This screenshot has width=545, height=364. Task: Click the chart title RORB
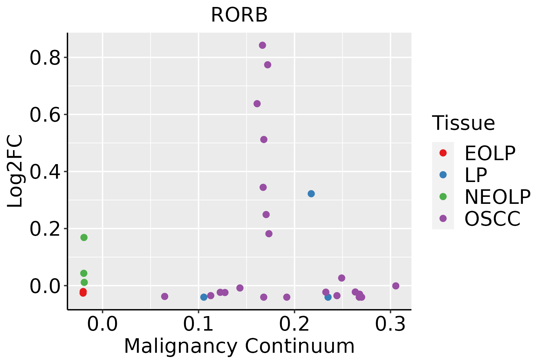(x=239, y=15)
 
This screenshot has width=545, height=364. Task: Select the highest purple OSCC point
(x=263, y=45)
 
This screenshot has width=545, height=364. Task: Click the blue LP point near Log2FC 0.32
(x=311, y=194)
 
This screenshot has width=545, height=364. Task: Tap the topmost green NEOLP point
(x=84, y=238)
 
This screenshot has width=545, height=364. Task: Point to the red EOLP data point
(x=83, y=292)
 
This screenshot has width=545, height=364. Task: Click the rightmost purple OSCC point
(x=396, y=286)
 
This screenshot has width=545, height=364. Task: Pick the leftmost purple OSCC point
(x=165, y=296)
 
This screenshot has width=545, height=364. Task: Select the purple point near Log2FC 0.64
(x=257, y=104)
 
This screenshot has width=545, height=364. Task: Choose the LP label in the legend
(x=476, y=175)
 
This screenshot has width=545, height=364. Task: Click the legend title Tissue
(x=463, y=123)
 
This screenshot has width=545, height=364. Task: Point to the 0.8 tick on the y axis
(x=45, y=58)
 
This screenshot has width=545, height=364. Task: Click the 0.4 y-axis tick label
(x=45, y=172)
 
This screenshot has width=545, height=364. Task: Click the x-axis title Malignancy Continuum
(x=239, y=346)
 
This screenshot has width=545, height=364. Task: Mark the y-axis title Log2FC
(x=15, y=171)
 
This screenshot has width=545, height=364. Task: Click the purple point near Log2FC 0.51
(x=264, y=140)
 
